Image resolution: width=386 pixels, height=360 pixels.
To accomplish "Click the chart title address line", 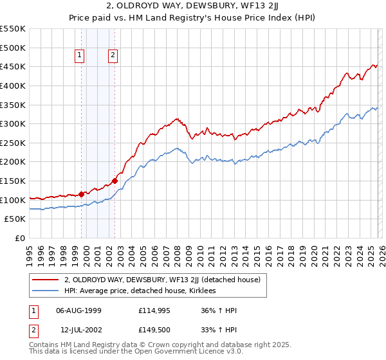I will (193, 6).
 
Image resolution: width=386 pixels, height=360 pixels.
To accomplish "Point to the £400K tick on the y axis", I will (13, 85).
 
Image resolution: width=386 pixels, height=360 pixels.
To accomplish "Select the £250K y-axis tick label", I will (13, 143).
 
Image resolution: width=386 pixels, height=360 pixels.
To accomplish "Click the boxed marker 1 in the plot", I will (80, 56).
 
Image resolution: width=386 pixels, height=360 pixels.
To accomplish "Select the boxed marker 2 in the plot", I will (113, 56).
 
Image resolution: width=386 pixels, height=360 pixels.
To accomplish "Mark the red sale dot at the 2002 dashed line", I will (115, 181).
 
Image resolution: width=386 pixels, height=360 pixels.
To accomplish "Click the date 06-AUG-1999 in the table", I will (78, 310).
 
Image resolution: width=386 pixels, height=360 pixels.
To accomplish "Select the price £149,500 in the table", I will (154, 330).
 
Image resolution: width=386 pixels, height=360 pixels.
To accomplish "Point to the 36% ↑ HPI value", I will (219, 310).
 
